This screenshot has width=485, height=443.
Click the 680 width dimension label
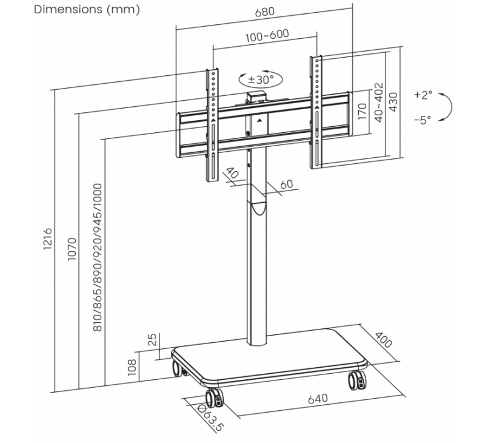[264, 12]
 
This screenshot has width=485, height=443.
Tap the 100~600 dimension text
[267, 35]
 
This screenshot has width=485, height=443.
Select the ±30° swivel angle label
[261, 79]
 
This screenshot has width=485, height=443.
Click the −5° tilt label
[423, 120]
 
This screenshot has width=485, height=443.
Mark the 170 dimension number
[363, 111]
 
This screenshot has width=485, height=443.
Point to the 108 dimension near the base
[132, 367]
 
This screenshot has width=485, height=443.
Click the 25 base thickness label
[153, 339]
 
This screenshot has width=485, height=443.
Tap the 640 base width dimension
[318, 399]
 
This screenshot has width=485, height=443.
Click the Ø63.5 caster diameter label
[210, 419]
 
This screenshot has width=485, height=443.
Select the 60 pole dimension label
[286, 184]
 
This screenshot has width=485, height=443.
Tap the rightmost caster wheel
[356, 380]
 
